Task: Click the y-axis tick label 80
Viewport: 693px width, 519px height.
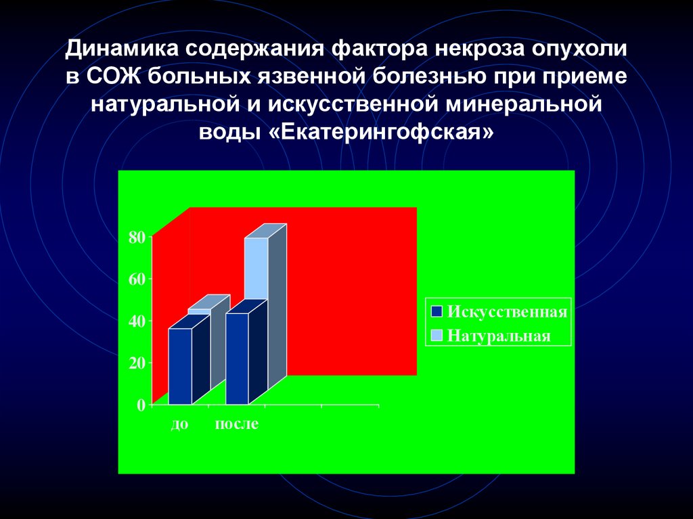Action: click(x=137, y=237)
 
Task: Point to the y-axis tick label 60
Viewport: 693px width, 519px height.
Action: click(x=137, y=279)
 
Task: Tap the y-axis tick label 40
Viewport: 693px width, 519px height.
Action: click(x=137, y=321)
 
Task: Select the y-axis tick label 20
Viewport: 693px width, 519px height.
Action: click(x=137, y=363)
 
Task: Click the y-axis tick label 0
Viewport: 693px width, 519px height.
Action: click(x=141, y=405)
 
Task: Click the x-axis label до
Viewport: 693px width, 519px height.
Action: click(x=179, y=424)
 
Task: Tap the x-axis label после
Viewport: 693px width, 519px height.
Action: click(x=237, y=424)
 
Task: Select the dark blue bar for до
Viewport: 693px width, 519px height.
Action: click(x=179, y=365)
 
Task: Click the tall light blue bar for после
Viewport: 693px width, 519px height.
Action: click(x=256, y=267)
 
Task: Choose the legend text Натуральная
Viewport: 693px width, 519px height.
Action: click(x=499, y=335)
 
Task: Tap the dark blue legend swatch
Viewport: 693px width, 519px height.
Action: click(x=437, y=311)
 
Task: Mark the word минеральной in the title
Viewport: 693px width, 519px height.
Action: click(x=524, y=104)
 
